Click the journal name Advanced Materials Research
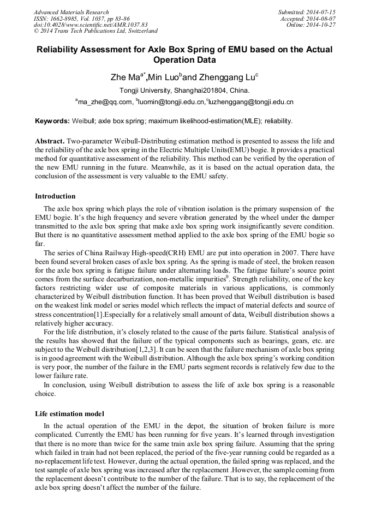tap(71, 12)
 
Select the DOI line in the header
tap(91, 25)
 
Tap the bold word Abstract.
tap(49, 141)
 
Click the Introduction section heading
tap(55, 196)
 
